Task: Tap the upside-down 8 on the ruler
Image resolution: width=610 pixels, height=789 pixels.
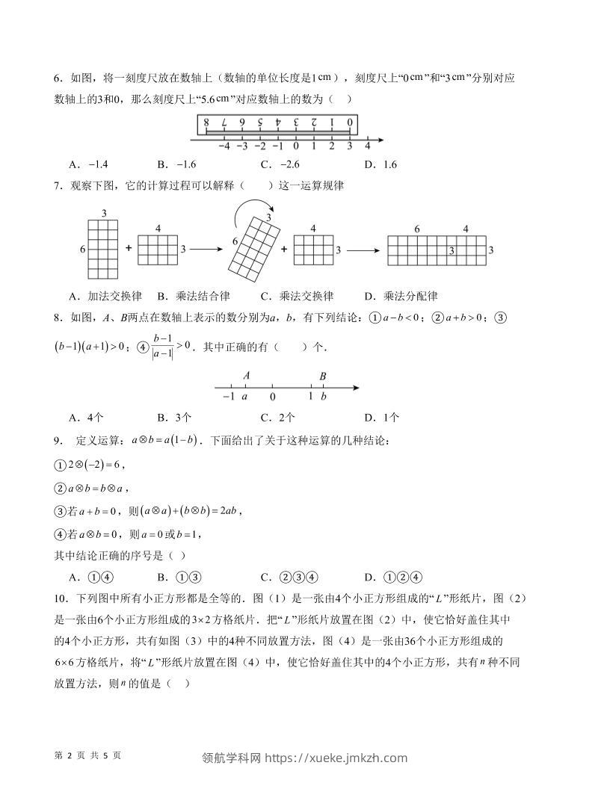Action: [x=204, y=123]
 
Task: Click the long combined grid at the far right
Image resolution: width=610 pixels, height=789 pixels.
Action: [x=437, y=250]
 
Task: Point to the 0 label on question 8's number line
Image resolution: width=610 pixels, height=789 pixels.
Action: [x=273, y=397]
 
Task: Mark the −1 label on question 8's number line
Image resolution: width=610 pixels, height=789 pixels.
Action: [x=229, y=397]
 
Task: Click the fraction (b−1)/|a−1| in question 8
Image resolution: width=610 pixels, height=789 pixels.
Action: [x=161, y=347]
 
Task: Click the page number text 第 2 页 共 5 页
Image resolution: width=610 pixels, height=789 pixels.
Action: [x=88, y=755]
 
